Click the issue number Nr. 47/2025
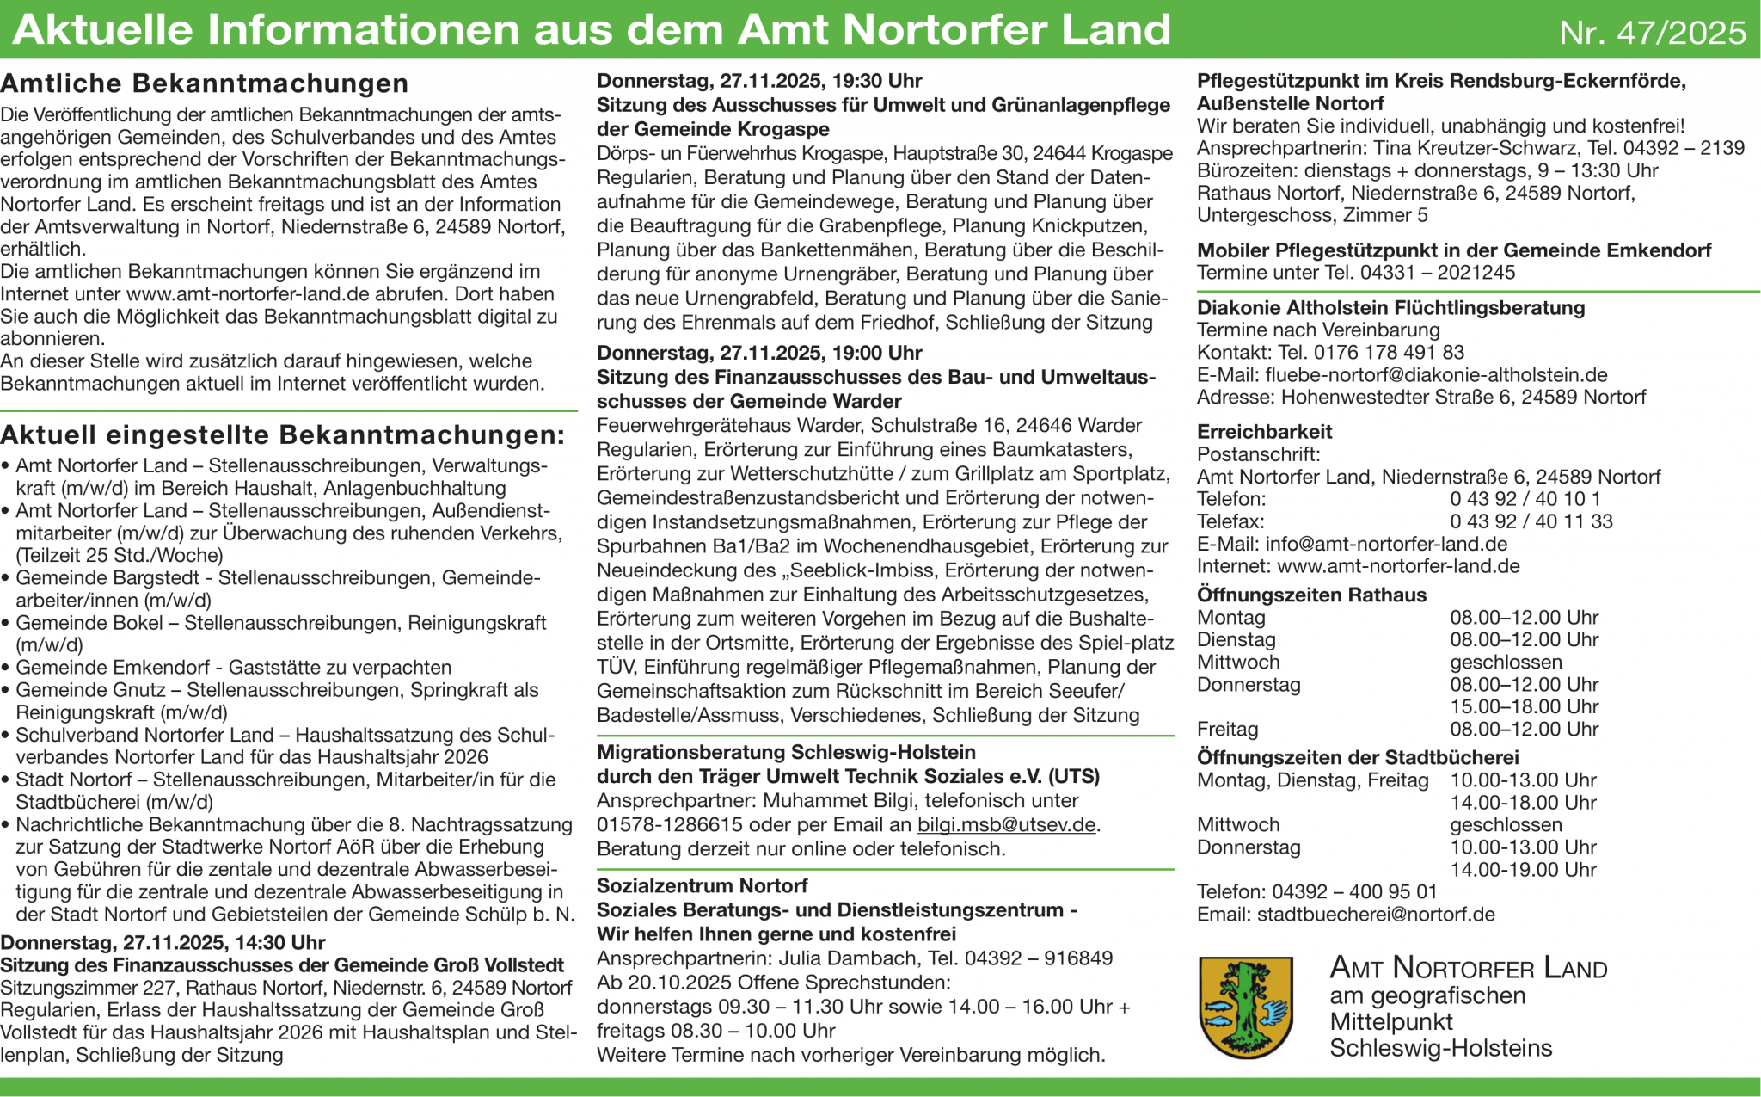[1652, 33]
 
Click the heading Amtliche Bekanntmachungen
[205, 83]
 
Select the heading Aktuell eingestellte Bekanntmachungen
[283, 435]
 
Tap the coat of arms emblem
[1246, 1007]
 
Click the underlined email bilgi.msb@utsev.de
[1006, 825]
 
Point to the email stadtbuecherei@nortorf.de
[1376, 915]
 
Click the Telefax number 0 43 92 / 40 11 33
[1531, 521]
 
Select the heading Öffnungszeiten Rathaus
[1311, 595]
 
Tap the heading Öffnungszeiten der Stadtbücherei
[1358, 757]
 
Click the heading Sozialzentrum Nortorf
[702, 886]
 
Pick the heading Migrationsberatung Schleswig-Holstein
[786, 752]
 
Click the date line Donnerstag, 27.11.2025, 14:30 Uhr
[163, 942]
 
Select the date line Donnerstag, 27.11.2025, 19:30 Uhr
[759, 81]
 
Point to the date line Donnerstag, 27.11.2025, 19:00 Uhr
[759, 353]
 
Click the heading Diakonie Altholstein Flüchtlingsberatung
[1390, 308]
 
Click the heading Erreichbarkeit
[1264, 432]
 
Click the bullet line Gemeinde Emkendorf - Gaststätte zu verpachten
[233, 668]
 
